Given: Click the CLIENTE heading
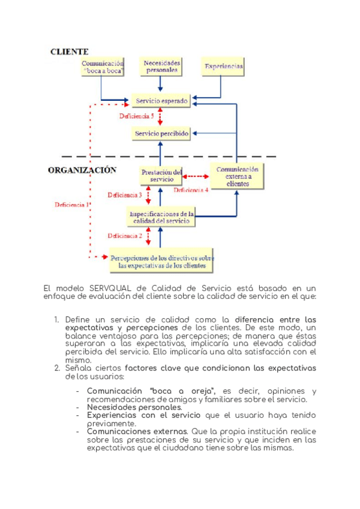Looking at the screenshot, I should (70, 52).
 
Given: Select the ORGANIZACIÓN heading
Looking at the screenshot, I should (82, 170).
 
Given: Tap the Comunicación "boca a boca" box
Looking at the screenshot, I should (103, 67).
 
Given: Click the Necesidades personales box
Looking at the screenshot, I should (161, 66).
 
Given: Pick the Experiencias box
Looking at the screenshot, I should (223, 67).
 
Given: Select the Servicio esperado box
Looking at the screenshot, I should (162, 101).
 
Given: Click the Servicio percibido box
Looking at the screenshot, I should (162, 133).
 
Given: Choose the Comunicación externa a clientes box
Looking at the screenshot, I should (237, 176).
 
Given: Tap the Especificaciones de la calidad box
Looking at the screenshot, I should (161, 217).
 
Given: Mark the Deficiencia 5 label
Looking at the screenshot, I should (136, 116).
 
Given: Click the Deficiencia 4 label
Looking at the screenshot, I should (191, 190).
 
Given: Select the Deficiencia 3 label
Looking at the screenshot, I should (125, 195).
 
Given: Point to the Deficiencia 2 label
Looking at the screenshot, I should (125, 236).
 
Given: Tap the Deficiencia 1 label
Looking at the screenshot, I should (72, 205).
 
